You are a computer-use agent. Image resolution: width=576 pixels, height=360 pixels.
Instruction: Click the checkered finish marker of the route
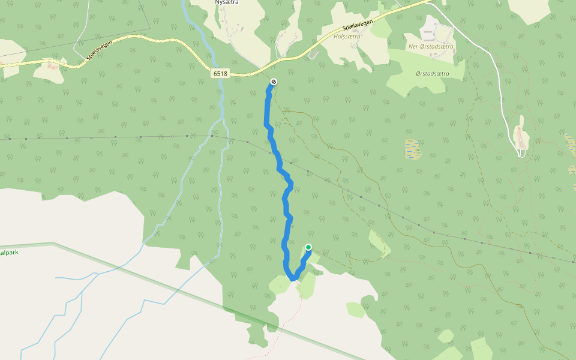(x=274, y=82)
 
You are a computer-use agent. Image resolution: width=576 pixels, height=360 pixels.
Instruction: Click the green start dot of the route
(x=308, y=247)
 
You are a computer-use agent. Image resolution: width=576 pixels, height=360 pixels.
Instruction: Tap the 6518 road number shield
(x=220, y=73)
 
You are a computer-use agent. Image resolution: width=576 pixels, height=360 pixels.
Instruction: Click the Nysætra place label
(x=227, y=2)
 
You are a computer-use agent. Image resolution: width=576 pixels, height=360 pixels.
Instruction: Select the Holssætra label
(x=347, y=37)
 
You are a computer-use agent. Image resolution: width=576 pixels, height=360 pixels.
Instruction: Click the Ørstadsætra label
(x=432, y=73)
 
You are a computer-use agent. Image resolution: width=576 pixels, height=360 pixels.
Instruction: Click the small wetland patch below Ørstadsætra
(x=412, y=149)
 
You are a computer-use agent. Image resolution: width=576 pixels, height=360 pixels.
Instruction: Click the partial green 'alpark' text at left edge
(x=10, y=253)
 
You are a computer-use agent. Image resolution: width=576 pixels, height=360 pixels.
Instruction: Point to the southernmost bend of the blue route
(x=293, y=278)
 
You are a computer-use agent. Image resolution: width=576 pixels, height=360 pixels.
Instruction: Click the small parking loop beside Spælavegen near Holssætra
(x=313, y=55)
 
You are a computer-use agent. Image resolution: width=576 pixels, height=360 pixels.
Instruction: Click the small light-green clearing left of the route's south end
(x=280, y=284)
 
